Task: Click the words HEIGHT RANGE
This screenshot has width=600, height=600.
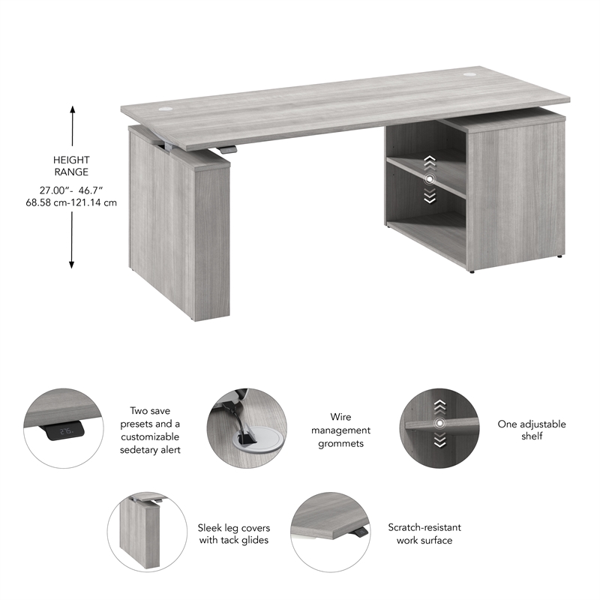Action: (x=71, y=166)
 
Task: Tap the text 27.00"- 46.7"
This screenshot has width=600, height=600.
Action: (x=71, y=190)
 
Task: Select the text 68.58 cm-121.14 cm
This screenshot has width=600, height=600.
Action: (x=71, y=202)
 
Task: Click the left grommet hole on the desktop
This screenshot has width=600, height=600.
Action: (x=163, y=108)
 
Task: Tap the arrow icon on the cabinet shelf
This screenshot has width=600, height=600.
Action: (x=429, y=180)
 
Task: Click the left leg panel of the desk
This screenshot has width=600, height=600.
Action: (x=179, y=225)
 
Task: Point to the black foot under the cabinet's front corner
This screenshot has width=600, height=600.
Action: (x=471, y=272)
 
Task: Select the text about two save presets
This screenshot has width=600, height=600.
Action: (x=150, y=430)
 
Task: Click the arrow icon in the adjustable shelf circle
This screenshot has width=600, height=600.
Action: (x=439, y=424)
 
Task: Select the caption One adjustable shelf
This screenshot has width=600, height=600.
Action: (x=532, y=430)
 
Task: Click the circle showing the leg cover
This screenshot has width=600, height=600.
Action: (x=148, y=532)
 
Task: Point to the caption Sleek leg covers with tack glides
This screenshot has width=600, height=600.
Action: (x=233, y=533)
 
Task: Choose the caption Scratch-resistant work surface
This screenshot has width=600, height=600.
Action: (x=424, y=533)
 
